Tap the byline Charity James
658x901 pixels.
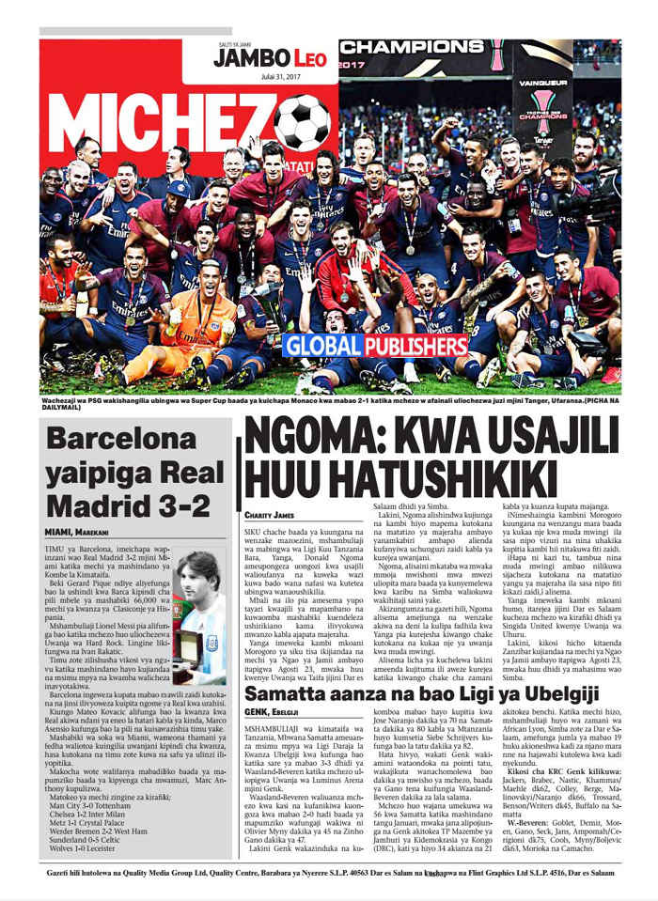[269, 515]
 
